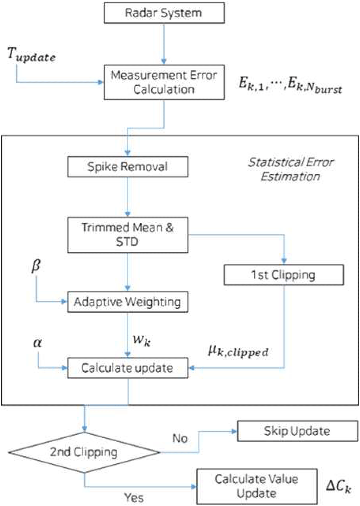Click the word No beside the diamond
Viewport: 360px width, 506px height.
click(x=181, y=438)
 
